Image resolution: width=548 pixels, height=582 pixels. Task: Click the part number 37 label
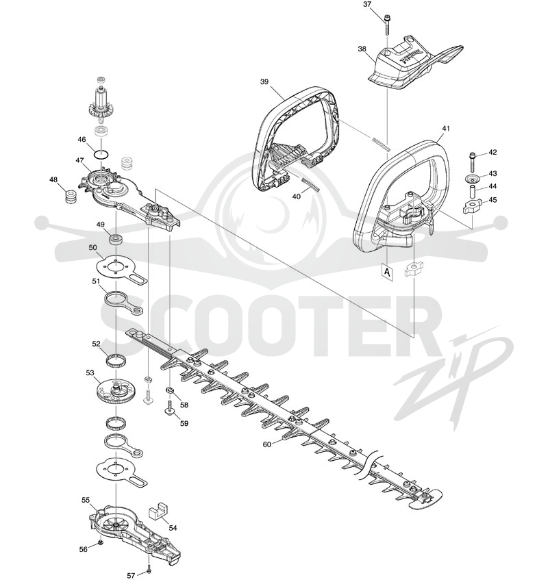click(x=367, y=5)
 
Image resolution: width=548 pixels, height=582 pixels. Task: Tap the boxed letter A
click(x=387, y=273)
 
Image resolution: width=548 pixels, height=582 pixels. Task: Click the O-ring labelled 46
click(x=101, y=154)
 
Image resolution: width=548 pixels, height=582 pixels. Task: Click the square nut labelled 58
click(x=171, y=390)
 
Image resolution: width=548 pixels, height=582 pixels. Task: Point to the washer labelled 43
click(x=473, y=178)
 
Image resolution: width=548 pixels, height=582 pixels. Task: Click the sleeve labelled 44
click(x=473, y=192)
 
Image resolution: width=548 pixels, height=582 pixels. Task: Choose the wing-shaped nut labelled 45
click(x=473, y=206)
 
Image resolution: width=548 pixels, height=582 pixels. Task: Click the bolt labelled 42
click(x=473, y=160)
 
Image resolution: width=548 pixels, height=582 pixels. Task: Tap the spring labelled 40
click(x=311, y=184)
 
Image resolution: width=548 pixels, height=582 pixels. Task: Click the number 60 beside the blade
click(x=267, y=444)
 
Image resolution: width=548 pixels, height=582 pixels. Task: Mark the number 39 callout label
click(x=264, y=81)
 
